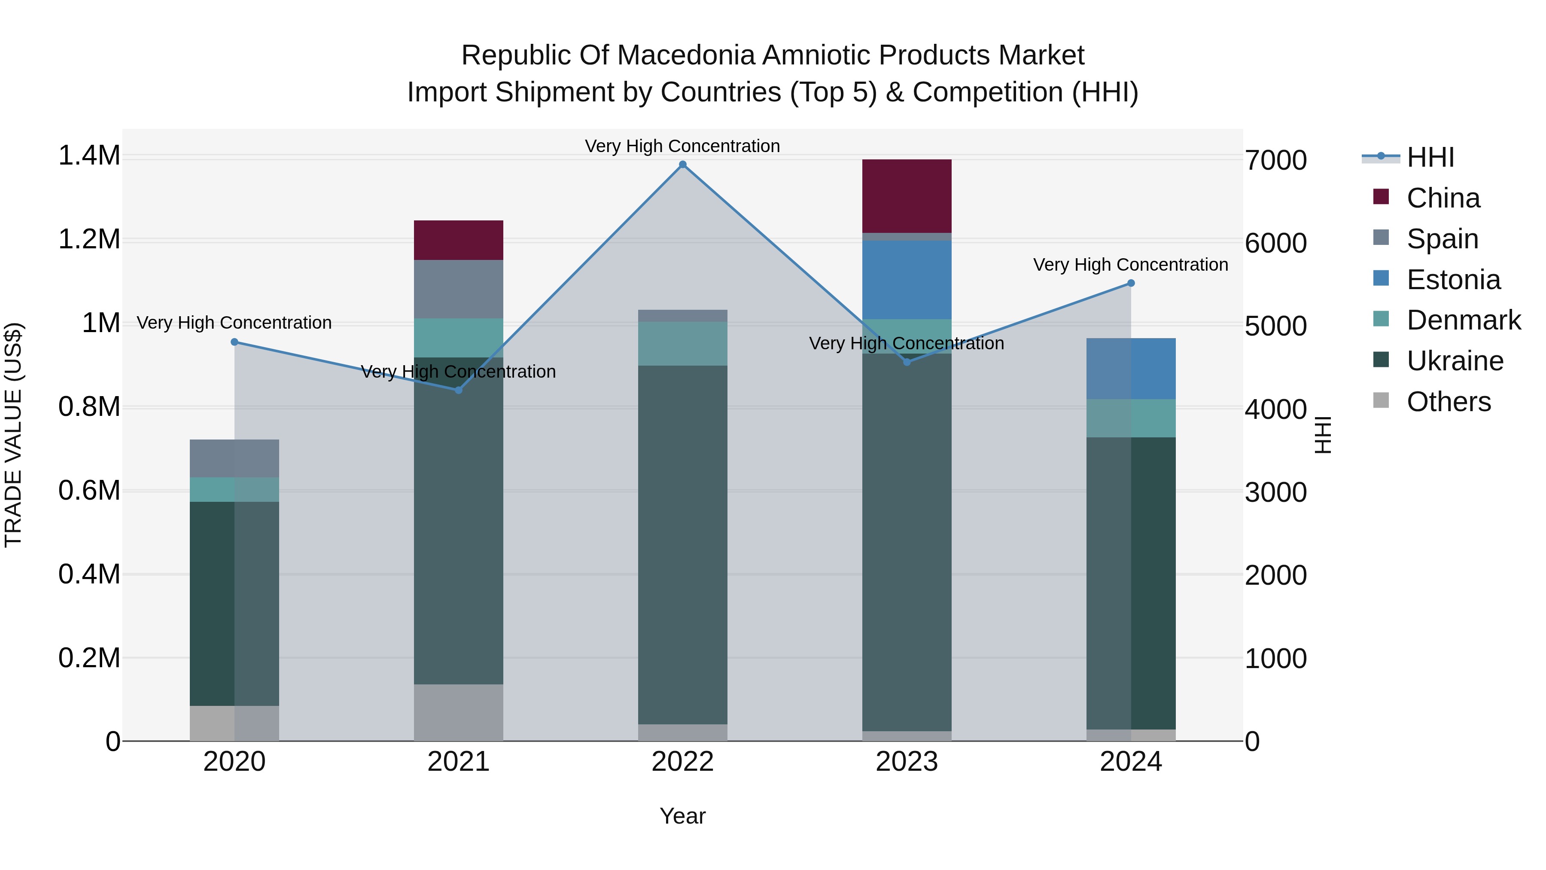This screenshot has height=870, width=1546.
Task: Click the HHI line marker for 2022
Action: pos(682,165)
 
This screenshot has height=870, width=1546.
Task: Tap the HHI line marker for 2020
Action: pos(234,342)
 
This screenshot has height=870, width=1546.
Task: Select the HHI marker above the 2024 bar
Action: pos(1131,284)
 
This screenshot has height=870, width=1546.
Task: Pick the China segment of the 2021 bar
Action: pos(459,240)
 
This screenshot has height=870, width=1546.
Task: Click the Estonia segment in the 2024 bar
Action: pos(1131,369)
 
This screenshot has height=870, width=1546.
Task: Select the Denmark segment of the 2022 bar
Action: pos(682,343)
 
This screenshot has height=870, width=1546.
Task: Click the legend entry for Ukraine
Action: pos(1455,361)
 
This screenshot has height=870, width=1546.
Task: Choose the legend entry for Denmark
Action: pos(1463,320)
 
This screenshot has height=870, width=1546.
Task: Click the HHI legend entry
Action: pos(1430,157)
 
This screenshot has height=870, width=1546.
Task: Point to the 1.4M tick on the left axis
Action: pos(89,156)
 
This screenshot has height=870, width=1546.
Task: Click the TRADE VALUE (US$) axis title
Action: pos(13,435)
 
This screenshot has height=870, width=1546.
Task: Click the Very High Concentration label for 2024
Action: pos(1131,265)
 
